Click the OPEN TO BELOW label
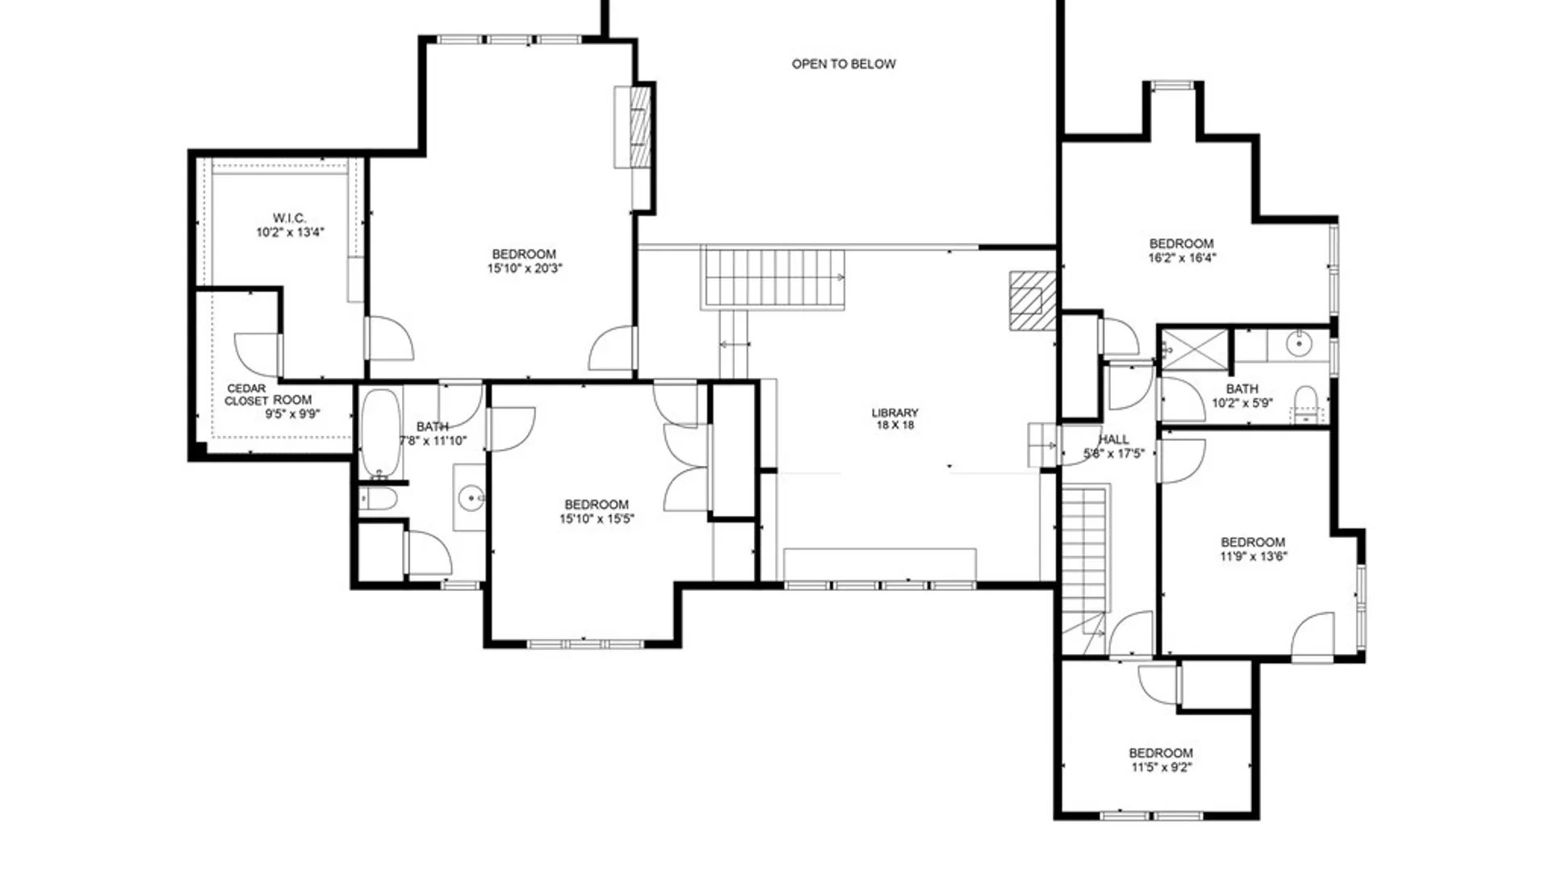(843, 64)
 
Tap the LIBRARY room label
(894, 413)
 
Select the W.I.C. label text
(289, 218)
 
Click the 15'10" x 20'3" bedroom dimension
(524, 269)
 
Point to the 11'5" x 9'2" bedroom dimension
(1161, 768)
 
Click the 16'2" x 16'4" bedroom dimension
(1181, 258)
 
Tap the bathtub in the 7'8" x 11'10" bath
(380, 433)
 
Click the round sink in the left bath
(471, 498)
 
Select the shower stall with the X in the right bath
(1194, 350)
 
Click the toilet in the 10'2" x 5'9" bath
(1305, 401)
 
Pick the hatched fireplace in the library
(1033, 301)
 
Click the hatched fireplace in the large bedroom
(639, 126)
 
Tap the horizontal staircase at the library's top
(773, 278)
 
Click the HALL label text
(1113, 439)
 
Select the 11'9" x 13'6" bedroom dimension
(1253, 556)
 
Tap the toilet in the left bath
(379, 499)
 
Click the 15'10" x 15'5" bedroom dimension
(597, 519)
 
